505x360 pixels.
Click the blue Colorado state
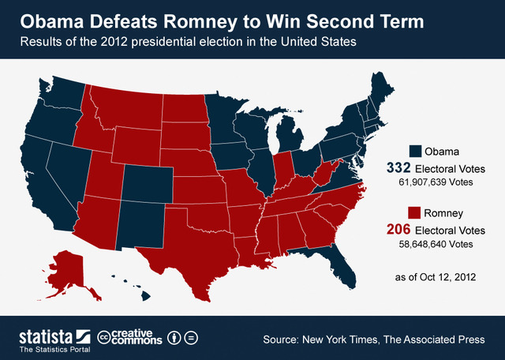pos(144,185)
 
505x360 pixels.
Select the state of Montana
pos(126,111)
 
